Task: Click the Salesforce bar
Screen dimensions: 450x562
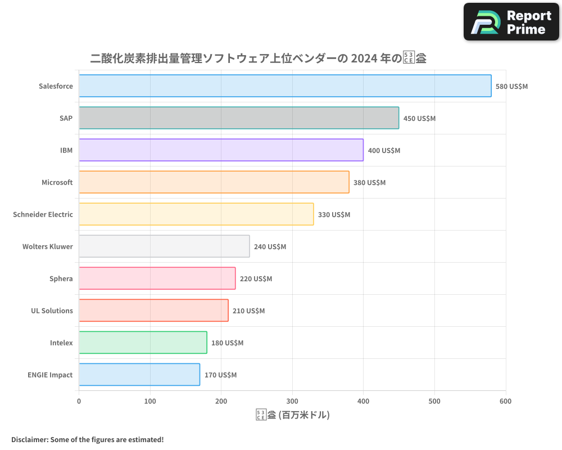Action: pos(285,86)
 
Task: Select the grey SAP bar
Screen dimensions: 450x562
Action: pos(239,118)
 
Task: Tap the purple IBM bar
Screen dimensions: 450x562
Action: pos(221,150)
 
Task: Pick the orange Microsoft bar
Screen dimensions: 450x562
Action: pos(214,182)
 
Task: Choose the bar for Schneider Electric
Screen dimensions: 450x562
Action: pos(196,214)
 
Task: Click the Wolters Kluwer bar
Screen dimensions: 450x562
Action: pos(164,246)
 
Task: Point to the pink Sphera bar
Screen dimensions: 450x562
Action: pos(157,278)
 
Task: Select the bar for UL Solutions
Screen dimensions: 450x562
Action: pos(153,310)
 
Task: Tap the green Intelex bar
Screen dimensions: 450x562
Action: pos(143,343)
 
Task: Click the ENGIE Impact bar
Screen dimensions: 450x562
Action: pos(139,375)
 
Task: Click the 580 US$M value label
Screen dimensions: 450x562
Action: pos(511,87)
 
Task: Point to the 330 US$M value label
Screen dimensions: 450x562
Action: pos(334,215)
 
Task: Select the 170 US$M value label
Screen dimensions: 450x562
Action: pos(220,375)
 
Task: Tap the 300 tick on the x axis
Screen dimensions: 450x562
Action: pos(292,401)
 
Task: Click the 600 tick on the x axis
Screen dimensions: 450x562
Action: pos(506,401)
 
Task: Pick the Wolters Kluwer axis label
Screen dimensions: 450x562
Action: pos(48,246)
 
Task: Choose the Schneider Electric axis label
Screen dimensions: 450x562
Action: pos(43,214)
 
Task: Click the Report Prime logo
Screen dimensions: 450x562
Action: pos(511,22)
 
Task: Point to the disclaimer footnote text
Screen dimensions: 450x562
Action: pos(88,439)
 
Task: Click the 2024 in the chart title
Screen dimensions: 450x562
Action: pos(366,58)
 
